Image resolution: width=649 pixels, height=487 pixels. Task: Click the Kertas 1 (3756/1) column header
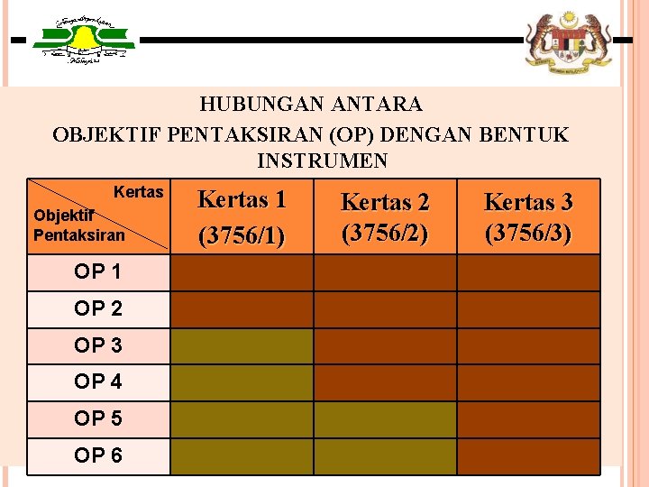coord(242,217)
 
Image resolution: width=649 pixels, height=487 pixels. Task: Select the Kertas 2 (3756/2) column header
coord(385,217)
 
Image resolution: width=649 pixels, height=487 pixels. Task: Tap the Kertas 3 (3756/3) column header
coord(528,217)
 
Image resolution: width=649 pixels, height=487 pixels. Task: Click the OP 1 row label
coord(98,272)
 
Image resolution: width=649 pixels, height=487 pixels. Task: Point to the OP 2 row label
coord(98,309)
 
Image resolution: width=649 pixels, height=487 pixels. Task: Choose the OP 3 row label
coord(98,345)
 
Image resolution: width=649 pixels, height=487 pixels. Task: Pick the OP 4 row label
coord(98,382)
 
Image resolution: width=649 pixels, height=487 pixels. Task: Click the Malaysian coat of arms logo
coord(568,41)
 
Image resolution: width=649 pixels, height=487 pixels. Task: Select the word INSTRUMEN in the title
coord(322,161)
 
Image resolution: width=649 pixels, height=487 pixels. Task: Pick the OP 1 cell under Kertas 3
coord(528,272)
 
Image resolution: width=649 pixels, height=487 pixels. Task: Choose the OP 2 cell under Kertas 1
coord(242,309)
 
